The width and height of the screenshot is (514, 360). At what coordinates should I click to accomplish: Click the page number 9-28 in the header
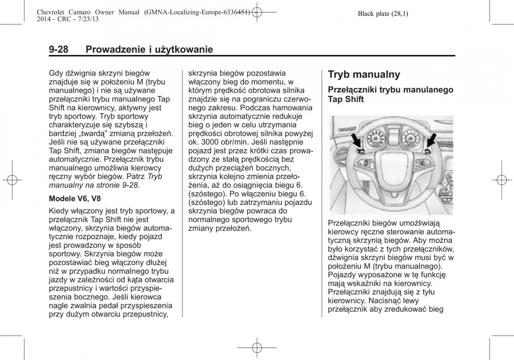(59, 50)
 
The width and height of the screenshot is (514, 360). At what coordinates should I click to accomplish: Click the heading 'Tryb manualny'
(364, 75)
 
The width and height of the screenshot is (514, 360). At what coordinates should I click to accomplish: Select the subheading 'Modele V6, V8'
(75, 199)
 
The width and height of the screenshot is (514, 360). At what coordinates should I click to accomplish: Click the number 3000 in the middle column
(207, 142)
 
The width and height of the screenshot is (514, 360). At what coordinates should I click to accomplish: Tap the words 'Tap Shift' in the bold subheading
(346, 99)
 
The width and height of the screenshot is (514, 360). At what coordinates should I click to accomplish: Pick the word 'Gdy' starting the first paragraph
(56, 73)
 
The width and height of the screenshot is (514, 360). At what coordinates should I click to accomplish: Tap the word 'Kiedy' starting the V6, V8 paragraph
(59, 211)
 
